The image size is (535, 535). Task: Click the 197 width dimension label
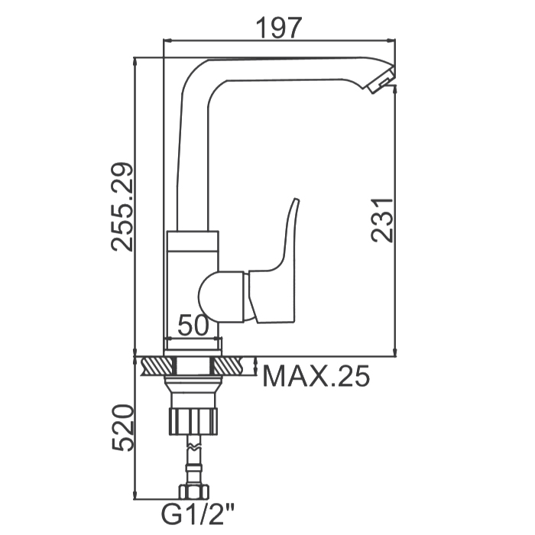point(279,28)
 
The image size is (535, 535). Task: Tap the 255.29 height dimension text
point(122,207)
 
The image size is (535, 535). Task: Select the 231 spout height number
point(383,220)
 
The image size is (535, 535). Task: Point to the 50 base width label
point(193,325)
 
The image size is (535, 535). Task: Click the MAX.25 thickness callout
point(316,376)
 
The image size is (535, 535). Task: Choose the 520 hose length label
point(122,428)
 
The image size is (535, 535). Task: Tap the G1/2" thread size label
point(198,515)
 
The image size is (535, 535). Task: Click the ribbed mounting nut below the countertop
point(193,421)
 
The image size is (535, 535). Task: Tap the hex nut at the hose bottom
point(193,492)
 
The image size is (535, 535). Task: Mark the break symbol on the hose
point(193,446)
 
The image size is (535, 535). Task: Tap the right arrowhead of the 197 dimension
point(391,41)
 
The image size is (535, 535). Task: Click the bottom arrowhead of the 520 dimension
point(135,494)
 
